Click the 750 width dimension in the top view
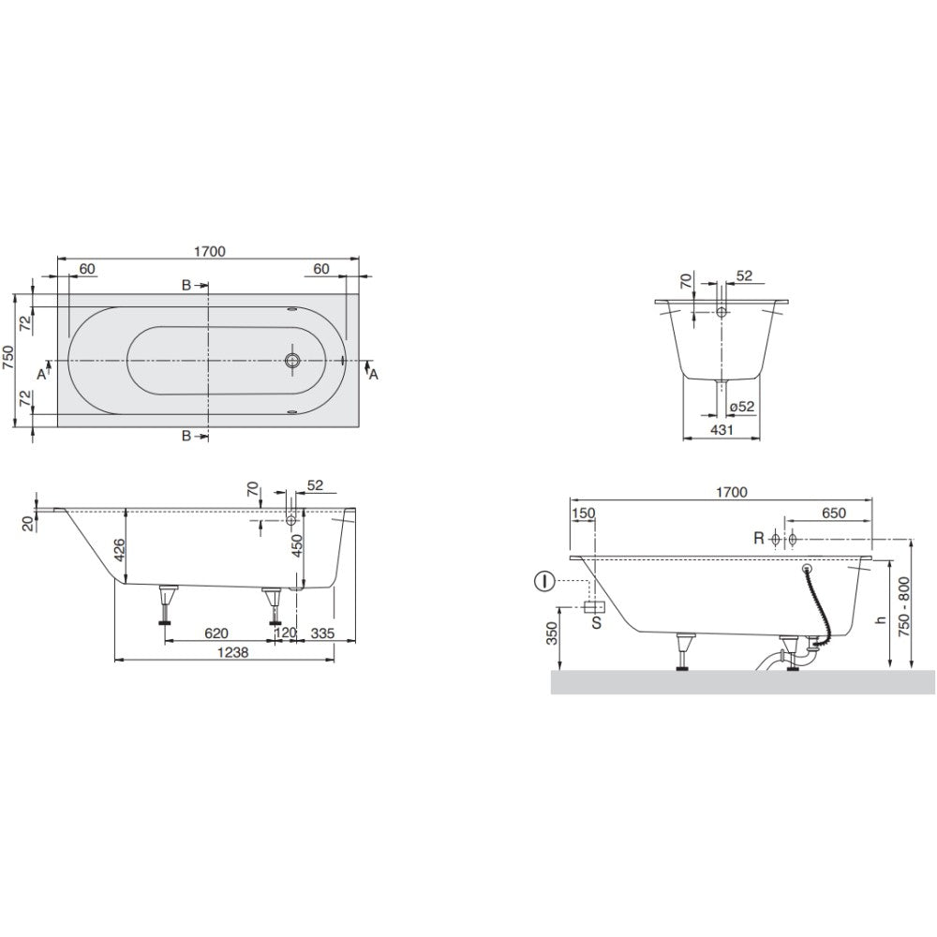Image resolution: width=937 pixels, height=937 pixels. point(8,358)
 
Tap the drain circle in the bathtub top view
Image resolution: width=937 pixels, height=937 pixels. point(292,361)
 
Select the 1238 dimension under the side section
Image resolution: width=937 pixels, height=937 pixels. point(232,652)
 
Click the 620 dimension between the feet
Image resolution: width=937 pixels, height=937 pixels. point(216,632)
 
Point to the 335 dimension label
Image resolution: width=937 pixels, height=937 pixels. point(322,632)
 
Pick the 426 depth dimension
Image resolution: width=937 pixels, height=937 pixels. point(120,550)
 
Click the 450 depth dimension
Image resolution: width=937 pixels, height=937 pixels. point(297,546)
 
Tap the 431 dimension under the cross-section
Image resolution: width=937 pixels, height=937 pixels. point(721,429)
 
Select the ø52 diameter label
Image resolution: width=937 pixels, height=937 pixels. point(741,407)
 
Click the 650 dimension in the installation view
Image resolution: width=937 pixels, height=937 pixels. point(834,513)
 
